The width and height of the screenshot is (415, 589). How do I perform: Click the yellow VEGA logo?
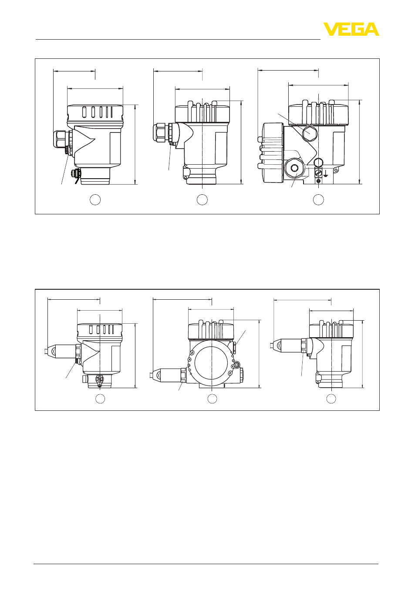tap(351, 29)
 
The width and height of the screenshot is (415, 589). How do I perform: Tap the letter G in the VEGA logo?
tap(357, 29)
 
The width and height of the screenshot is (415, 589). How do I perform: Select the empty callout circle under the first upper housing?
tap(95, 200)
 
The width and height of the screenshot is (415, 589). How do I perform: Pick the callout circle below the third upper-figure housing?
tap(318, 200)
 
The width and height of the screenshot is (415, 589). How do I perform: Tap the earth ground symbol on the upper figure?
tap(325, 173)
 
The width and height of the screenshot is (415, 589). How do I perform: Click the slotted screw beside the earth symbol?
tap(318, 173)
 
